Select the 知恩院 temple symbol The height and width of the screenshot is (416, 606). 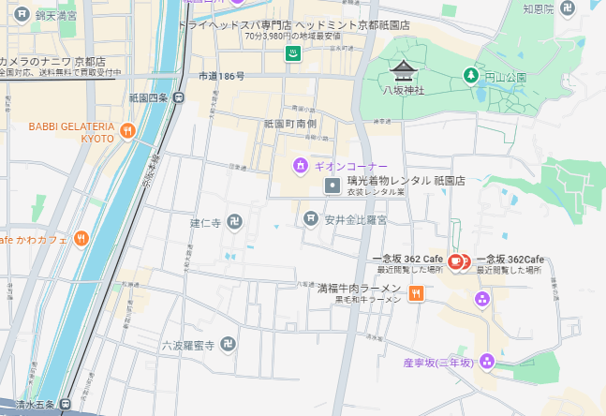pos(566,8)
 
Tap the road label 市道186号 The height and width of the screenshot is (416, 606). pos(221,76)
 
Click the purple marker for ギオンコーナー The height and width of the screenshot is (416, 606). pos(300,166)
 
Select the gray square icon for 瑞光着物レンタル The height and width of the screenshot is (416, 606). pos(333,186)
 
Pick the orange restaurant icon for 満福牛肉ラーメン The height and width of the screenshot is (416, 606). pos(417,293)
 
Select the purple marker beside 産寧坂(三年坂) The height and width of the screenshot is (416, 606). pos(486,362)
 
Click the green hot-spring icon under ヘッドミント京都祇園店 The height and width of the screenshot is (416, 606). pos(292,52)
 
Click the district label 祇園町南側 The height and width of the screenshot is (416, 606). pos(290,124)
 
